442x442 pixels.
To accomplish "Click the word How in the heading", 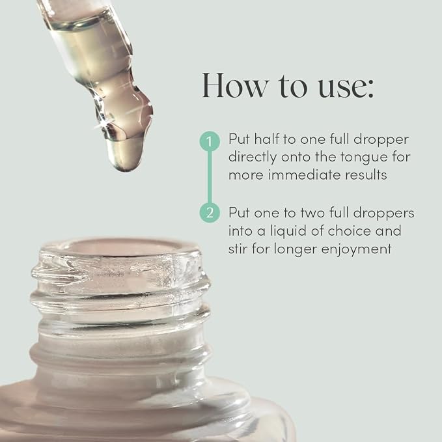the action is [236, 85].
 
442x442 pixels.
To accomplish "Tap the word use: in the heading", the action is [346, 87].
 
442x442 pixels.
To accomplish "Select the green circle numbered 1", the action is [210, 141].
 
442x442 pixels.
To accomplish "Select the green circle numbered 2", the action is [210, 213].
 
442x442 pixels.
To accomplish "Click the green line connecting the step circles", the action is [210, 177].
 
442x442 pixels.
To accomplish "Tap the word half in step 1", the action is [267, 139].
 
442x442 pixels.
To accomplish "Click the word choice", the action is [350, 231].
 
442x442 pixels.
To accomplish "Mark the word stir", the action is [238, 249].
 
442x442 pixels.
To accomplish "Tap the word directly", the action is [253, 158].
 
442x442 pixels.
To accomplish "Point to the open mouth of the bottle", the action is [120, 248].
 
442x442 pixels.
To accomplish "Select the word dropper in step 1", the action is [381, 140].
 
